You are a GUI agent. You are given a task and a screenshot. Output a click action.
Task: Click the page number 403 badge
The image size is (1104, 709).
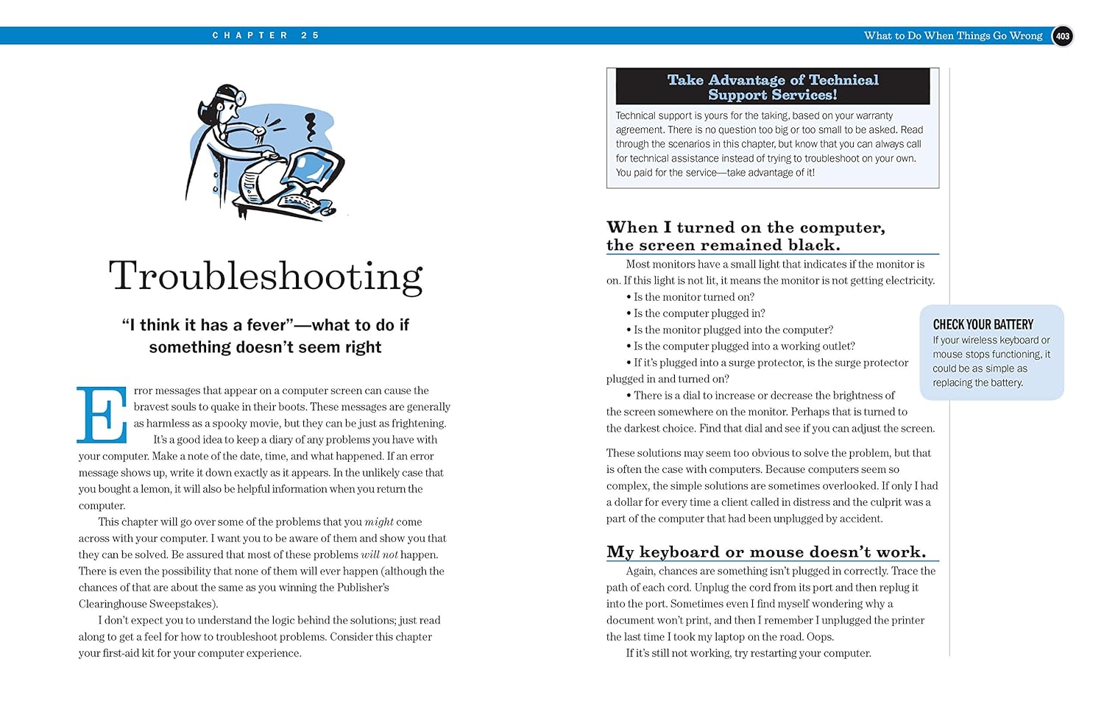[x=1062, y=36]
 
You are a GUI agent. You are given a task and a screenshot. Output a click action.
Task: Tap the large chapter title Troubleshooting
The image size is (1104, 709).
[x=266, y=277]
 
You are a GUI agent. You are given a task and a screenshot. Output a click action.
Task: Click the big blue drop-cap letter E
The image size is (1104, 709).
[x=101, y=415]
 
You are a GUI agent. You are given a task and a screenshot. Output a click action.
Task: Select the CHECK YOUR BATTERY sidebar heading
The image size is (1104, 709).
[x=983, y=324]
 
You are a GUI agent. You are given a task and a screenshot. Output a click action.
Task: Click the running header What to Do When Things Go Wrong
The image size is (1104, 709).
[x=952, y=35]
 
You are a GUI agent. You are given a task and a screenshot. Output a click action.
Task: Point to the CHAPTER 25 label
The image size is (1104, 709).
[x=265, y=35]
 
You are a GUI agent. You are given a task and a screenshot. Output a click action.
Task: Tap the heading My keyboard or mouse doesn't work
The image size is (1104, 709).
[x=765, y=552]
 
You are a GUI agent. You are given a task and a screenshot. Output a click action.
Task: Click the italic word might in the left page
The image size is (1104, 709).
[x=379, y=521]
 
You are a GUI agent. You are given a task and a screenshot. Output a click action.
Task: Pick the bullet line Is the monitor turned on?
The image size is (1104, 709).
[x=693, y=297]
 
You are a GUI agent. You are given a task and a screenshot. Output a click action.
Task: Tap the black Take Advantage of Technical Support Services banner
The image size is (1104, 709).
[x=772, y=87]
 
